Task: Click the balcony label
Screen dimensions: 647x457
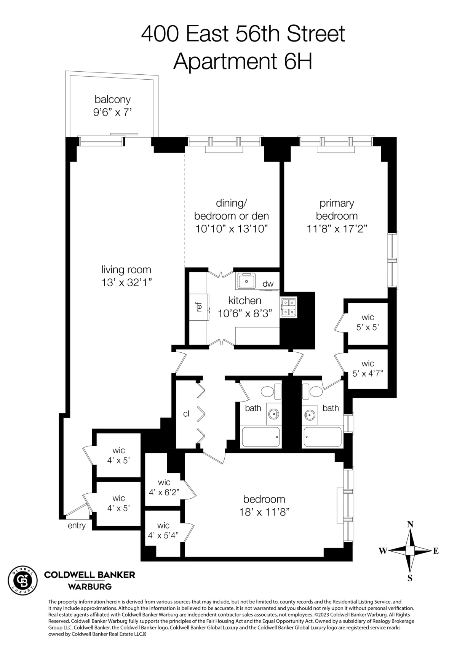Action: (x=112, y=100)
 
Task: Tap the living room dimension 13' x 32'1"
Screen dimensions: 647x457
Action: (x=126, y=283)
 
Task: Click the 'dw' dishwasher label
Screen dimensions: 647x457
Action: (x=268, y=284)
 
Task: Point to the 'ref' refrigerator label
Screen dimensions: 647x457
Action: (x=198, y=307)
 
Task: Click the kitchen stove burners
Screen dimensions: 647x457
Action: (x=288, y=307)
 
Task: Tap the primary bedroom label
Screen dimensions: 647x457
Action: (x=337, y=209)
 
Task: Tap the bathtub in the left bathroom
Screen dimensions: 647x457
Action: (x=261, y=437)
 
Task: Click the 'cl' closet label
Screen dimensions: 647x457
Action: (x=186, y=414)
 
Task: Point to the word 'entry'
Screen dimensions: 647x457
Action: (x=77, y=526)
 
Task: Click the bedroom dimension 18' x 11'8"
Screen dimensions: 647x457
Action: (x=264, y=512)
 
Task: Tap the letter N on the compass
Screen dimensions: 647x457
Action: (x=410, y=525)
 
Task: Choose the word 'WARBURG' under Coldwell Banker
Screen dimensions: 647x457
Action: (x=89, y=586)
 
